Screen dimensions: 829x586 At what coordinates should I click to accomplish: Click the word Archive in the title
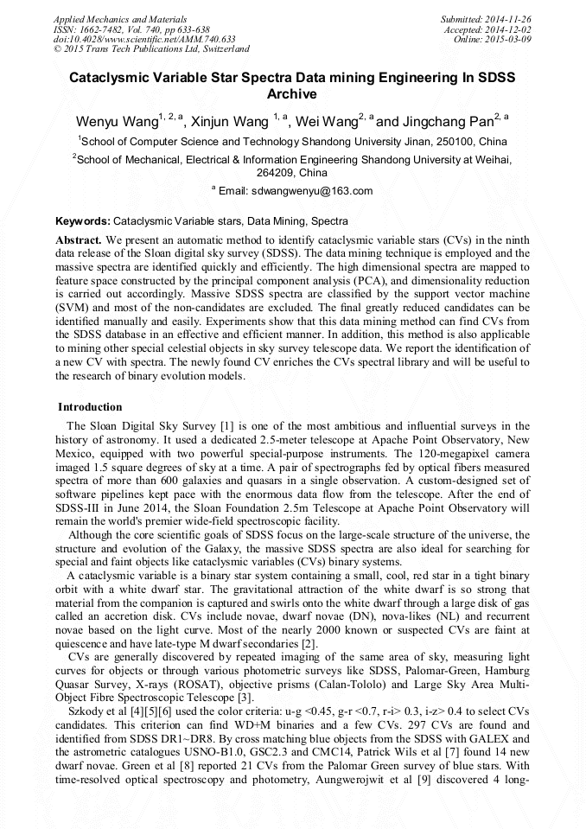click(x=292, y=94)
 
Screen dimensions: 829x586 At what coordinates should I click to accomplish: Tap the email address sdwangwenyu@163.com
click(x=312, y=191)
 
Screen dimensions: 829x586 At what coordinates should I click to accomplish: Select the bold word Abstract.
click(x=79, y=239)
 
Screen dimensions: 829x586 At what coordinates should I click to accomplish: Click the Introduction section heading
click(x=90, y=407)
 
